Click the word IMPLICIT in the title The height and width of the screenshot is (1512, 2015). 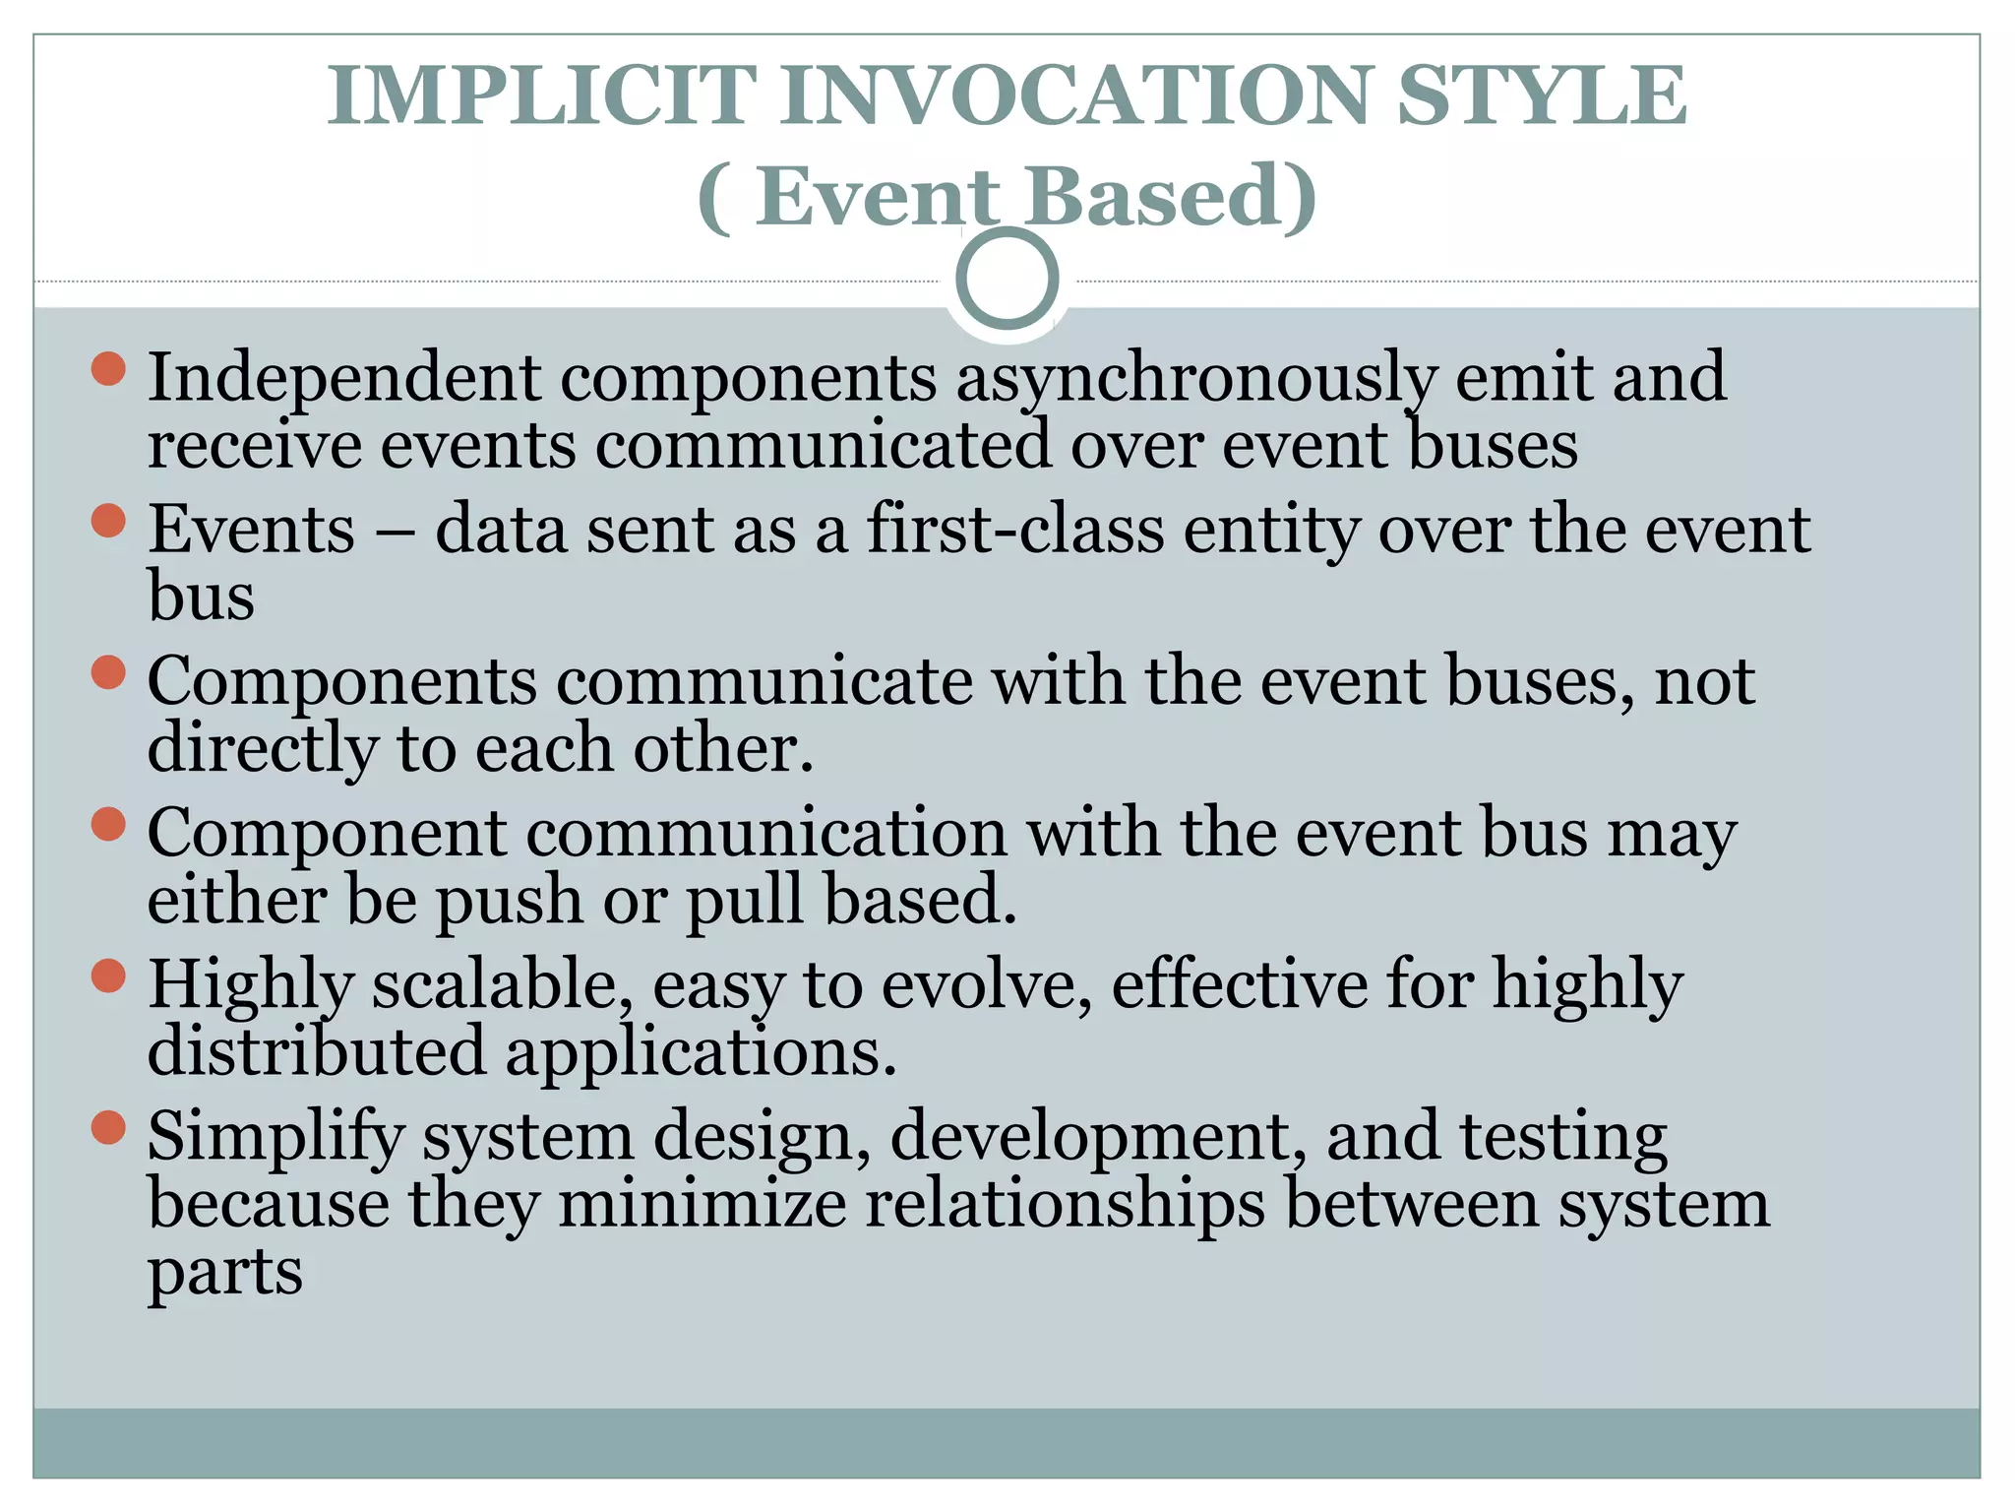[x=542, y=95]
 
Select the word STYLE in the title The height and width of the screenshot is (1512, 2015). [x=1542, y=95]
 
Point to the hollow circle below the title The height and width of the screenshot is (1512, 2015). [x=1007, y=279]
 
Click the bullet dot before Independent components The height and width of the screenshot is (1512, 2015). [x=108, y=369]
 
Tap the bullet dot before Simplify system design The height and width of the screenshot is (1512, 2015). [x=108, y=1128]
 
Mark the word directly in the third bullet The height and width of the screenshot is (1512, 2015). [x=262, y=749]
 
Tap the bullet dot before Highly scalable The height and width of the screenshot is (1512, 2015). [x=108, y=976]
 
